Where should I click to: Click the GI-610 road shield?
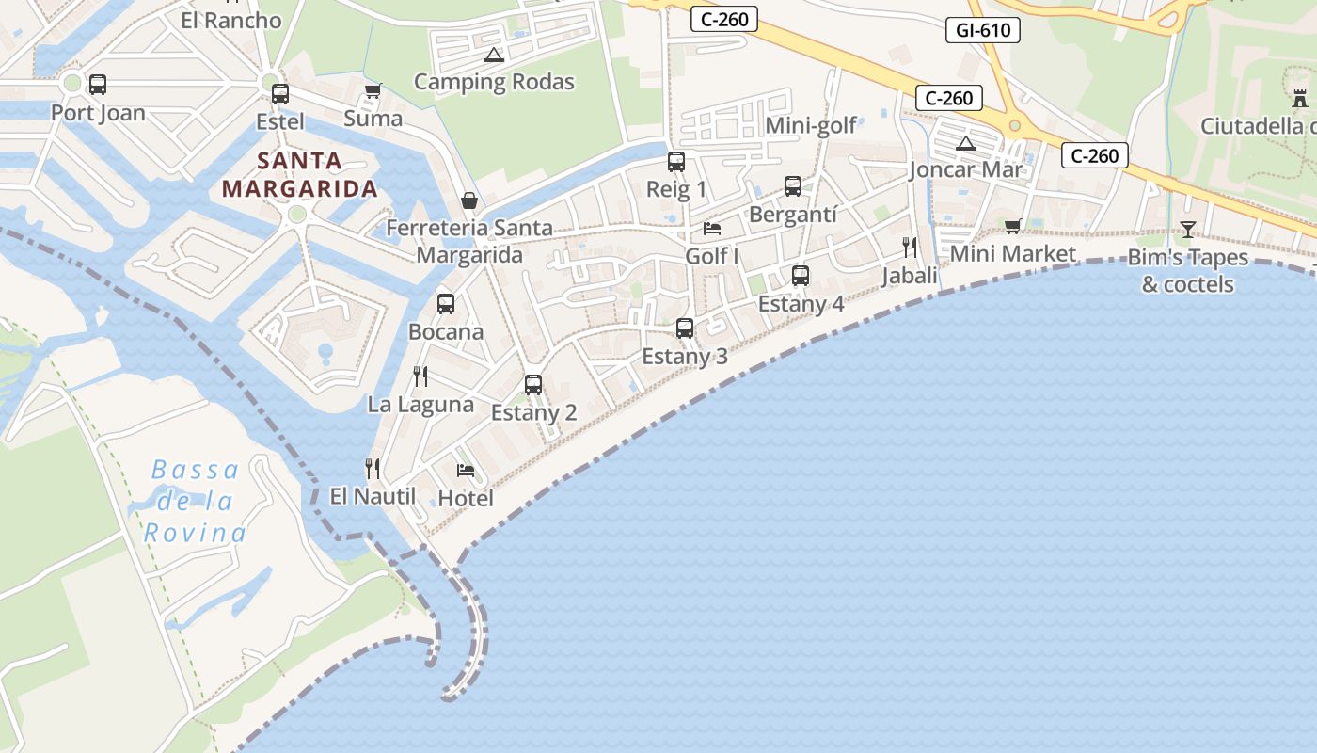click(983, 30)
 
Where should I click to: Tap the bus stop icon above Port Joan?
click(98, 85)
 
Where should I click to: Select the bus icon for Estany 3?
click(685, 328)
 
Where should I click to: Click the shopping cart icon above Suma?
click(373, 91)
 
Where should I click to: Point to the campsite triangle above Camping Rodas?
click(494, 55)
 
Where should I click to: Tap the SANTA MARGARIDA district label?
click(300, 174)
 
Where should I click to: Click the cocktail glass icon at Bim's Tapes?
click(1188, 229)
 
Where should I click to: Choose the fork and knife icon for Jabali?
click(910, 248)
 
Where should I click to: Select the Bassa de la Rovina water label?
click(195, 501)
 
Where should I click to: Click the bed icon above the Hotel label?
click(465, 470)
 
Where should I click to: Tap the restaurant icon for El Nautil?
click(373, 468)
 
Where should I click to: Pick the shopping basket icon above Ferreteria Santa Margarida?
click(469, 200)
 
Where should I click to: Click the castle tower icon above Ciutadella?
click(1300, 97)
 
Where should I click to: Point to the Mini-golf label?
click(811, 125)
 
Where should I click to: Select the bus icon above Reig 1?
click(676, 162)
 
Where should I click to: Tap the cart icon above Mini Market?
click(1013, 226)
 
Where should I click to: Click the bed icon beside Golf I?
click(712, 229)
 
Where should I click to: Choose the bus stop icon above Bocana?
click(446, 304)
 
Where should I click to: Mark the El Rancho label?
click(230, 20)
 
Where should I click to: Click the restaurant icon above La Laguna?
click(420, 376)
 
